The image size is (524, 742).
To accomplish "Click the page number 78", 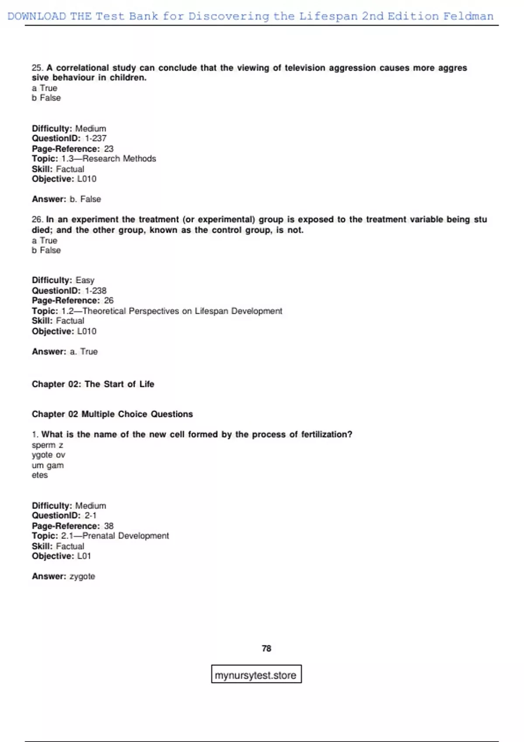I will [x=266, y=649].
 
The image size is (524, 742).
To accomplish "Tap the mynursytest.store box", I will [x=256, y=675].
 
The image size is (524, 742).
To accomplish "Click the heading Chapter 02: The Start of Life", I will [x=93, y=384].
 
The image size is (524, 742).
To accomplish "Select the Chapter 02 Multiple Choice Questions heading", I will [x=112, y=414].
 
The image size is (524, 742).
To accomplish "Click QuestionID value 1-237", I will [x=96, y=138].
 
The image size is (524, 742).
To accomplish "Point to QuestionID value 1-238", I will [x=96, y=291].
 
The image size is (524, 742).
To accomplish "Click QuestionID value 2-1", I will [x=90, y=515].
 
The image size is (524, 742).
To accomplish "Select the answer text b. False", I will [x=85, y=199].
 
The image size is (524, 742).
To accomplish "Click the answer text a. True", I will [x=83, y=351].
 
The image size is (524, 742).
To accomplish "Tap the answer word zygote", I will [x=82, y=576].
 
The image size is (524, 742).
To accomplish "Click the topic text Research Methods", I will [x=119, y=158].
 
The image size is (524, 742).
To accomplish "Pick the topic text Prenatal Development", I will [x=126, y=536].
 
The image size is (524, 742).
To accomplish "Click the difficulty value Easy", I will [x=85, y=280].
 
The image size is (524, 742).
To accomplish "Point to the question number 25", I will [x=37, y=68].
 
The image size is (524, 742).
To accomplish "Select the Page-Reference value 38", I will [x=109, y=526].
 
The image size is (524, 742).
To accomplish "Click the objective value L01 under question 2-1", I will [x=84, y=556].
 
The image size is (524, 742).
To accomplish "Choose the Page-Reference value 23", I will [x=109, y=149].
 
